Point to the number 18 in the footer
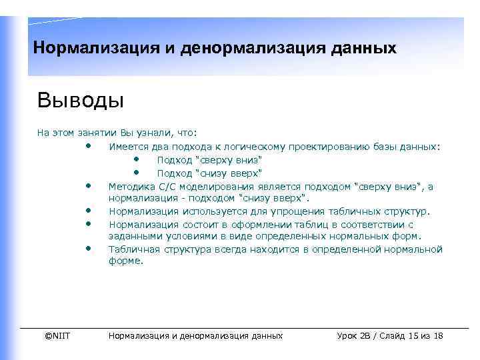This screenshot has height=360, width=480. tap(438, 335)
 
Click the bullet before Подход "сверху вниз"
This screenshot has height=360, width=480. tap(136, 159)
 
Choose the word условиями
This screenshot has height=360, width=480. tap(185, 237)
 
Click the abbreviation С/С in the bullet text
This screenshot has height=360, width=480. tap(165, 187)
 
